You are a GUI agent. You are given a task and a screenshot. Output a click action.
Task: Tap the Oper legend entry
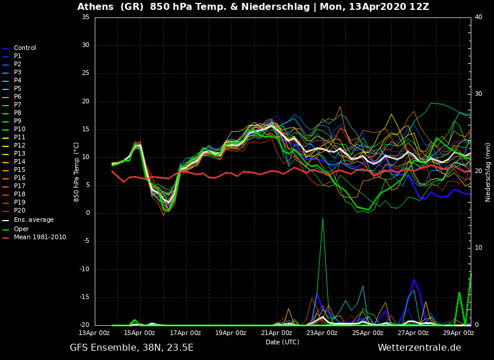(x=22, y=229)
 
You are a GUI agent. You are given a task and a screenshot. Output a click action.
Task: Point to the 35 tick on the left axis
(x=85, y=17)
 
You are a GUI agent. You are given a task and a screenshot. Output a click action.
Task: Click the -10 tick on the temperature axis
(x=84, y=269)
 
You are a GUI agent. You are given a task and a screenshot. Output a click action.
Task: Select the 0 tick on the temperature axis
(x=87, y=213)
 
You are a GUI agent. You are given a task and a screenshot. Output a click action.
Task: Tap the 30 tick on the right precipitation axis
(x=478, y=94)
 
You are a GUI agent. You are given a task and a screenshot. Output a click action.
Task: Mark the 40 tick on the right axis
(x=478, y=17)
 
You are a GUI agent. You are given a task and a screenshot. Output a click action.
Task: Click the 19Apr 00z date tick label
(x=231, y=333)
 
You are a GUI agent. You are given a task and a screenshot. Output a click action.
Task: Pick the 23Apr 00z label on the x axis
(x=322, y=333)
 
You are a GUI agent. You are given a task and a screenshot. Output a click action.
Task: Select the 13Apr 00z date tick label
(x=94, y=333)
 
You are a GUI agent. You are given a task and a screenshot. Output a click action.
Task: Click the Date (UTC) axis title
(x=282, y=342)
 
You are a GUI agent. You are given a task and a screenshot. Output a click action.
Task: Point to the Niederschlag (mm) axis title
(x=488, y=172)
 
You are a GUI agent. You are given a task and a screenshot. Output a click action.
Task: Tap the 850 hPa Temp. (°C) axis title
(x=77, y=172)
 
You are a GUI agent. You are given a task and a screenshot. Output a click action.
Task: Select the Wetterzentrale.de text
(x=419, y=348)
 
